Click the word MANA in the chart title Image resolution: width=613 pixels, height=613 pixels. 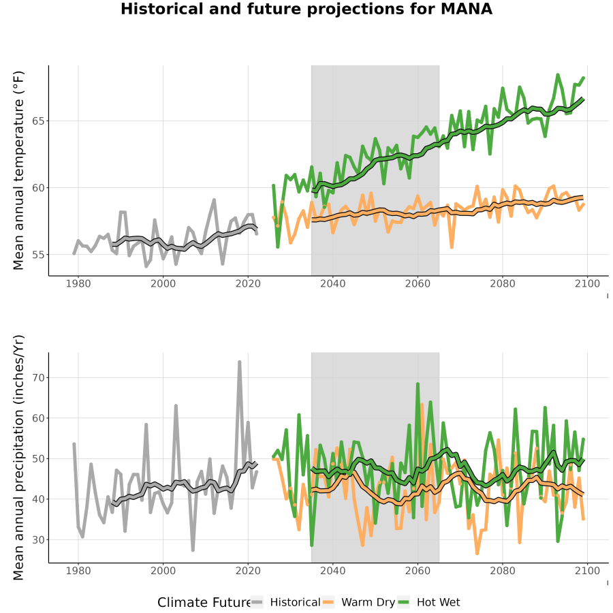tap(466, 9)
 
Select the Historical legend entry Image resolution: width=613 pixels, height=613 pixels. tap(286, 602)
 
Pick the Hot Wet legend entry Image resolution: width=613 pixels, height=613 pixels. tap(429, 602)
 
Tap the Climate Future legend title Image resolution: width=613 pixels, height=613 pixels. tap(204, 603)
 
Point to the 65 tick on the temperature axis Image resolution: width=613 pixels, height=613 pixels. tap(38, 121)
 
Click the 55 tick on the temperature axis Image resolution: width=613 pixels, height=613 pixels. tap(38, 255)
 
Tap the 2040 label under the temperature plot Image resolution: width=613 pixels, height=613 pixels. tap(332, 283)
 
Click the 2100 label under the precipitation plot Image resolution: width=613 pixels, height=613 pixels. tap(587, 571)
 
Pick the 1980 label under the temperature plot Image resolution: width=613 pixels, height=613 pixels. tap(78, 283)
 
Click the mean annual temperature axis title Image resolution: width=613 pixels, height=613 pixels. tap(18, 170)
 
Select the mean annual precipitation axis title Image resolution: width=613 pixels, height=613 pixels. tap(18, 458)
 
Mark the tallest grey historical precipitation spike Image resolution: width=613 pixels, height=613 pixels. tap(240, 362)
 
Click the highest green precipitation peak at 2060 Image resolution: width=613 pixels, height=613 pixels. tap(418, 384)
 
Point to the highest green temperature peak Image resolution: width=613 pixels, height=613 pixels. tap(557, 74)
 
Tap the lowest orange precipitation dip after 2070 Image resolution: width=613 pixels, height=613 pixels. tap(477, 554)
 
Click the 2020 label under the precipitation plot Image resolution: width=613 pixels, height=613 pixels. tap(248, 571)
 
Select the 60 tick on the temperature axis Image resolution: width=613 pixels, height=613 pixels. tap(38, 188)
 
